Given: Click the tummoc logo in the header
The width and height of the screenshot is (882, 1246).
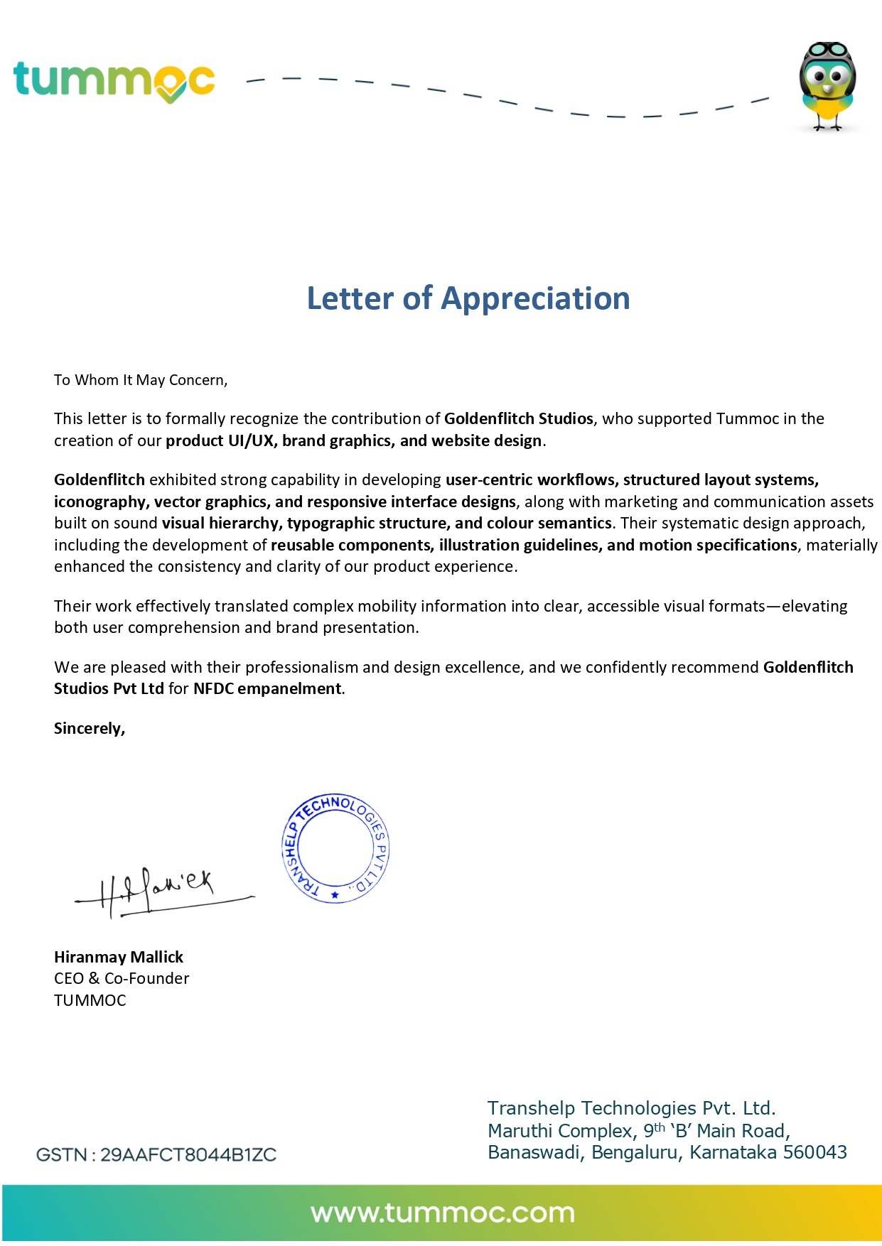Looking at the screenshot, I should pyautogui.click(x=114, y=80).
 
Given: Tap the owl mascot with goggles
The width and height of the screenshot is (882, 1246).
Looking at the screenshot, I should pyautogui.click(x=827, y=85).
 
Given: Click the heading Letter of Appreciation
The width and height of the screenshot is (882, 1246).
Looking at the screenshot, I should pyautogui.click(x=468, y=298).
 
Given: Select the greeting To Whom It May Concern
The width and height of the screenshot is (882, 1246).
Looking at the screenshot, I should pyautogui.click(x=140, y=380).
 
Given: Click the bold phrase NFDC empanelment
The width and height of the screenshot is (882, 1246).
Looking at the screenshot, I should pyautogui.click(x=267, y=688).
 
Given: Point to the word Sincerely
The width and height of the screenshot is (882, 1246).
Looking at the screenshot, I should pyautogui.click(x=89, y=728).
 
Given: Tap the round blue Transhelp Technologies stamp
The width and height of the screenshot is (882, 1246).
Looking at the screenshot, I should pyautogui.click(x=335, y=848).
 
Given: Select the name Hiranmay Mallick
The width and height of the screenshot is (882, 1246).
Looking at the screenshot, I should pyautogui.click(x=119, y=957).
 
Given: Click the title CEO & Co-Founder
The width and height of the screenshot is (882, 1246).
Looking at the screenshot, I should pyautogui.click(x=122, y=978).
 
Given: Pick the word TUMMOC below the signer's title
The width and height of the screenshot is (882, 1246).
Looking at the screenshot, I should pyautogui.click(x=90, y=1000).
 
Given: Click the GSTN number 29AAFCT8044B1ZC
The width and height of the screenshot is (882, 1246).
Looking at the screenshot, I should pyautogui.click(x=188, y=1154).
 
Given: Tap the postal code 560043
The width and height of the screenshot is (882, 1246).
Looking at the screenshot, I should pyautogui.click(x=814, y=1152).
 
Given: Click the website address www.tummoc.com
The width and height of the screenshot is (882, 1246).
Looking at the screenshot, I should pyautogui.click(x=442, y=1213).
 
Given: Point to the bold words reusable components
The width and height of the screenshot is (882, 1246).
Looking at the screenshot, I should pyautogui.click(x=351, y=545).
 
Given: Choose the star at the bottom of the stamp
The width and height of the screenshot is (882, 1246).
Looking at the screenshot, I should pyautogui.click(x=335, y=894).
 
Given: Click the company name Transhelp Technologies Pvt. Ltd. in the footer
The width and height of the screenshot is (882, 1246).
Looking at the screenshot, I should pyautogui.click(x=631, y=1108).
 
